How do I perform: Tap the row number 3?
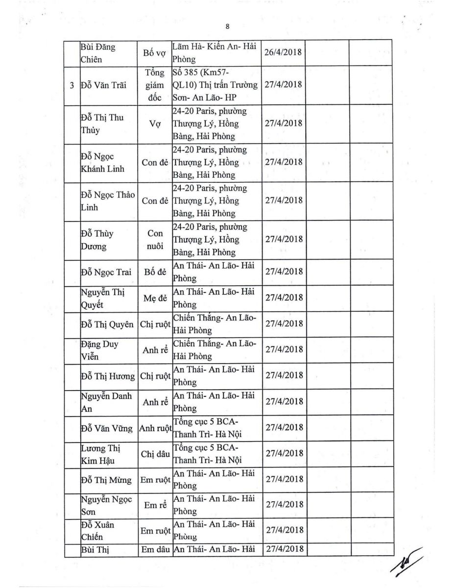[x=72, y=85]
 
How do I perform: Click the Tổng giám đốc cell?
[x=156, y=85]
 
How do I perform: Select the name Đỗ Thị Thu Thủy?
[x=102, y=124]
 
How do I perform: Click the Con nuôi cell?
[x=156, y=240]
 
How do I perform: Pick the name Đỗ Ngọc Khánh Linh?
[x=102, y=163]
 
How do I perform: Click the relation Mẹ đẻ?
[x=156, y=298]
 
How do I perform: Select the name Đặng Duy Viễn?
[x=99, y=350]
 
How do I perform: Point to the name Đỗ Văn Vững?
[x=107, y=428]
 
